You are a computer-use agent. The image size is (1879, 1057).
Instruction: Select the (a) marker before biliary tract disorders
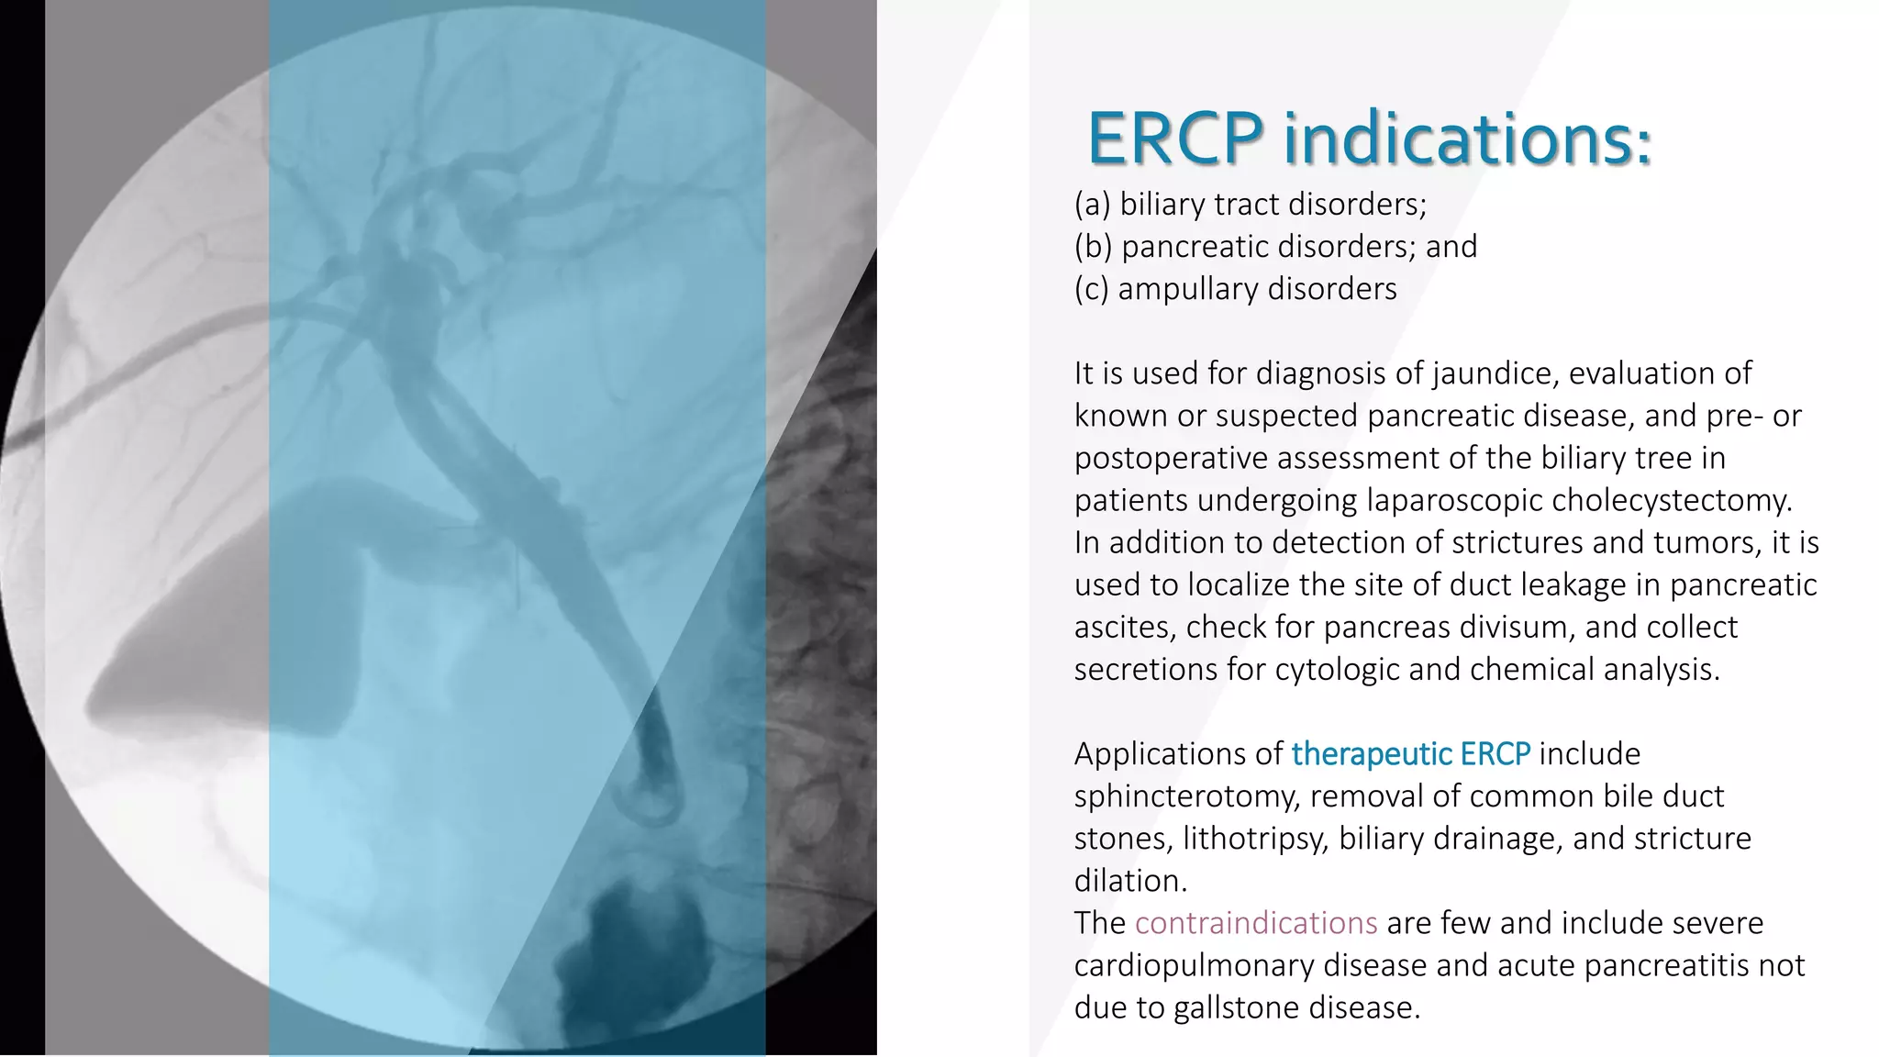click(1092, 204)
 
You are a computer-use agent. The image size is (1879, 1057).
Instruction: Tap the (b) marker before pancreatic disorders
click(1093, 246)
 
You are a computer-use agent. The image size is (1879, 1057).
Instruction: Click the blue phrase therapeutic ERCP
click(1410, 753)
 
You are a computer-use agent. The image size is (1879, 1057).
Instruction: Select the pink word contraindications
click(1255, 923)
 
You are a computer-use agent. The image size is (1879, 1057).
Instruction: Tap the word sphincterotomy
click(1186, 796)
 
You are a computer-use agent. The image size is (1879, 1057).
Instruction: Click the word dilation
click(1130, 881)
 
